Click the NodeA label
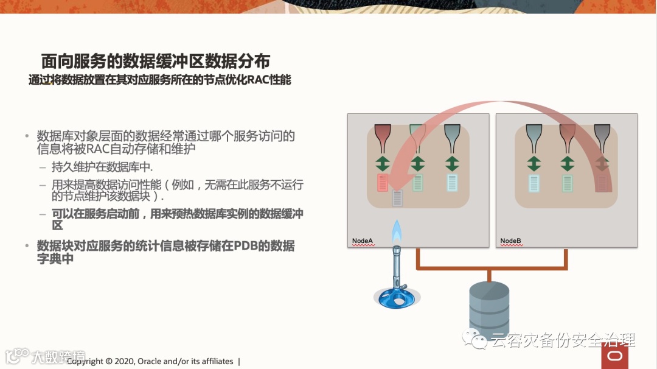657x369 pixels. tap(363, 241)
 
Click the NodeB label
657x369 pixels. tap(511, 241)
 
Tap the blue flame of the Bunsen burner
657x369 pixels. tap(397, 231)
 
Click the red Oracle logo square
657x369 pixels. tap(614, 356)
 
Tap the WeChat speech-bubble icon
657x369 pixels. tap(474, 339)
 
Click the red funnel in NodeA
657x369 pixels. tap(383, 138)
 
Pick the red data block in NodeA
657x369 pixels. tap(383, 182)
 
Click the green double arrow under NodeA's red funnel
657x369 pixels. tap(383, 163)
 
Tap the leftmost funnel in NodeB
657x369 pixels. tap(534, 138)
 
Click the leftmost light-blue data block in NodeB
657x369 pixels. tap(534, 183)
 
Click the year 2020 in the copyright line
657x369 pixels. tap(123, 361)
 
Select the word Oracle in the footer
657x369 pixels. tap(150, 361)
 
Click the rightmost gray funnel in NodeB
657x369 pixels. tap(601, 138)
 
